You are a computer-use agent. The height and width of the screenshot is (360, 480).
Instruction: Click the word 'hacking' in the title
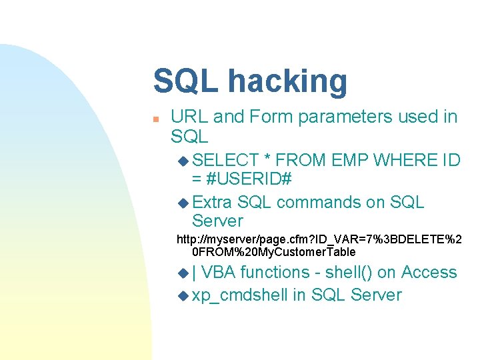pos(287,82)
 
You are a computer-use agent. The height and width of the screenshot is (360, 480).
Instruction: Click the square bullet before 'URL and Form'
pos(155,119)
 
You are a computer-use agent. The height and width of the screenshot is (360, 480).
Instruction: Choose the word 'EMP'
pos(347,160)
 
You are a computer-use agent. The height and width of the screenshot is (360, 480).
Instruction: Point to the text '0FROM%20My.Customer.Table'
pos(273,252)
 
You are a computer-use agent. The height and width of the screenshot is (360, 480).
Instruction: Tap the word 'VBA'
pos(219,272)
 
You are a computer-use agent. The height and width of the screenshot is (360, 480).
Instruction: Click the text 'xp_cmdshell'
pos(240,295)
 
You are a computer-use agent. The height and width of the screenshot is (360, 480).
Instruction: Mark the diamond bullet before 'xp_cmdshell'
pos(184,295)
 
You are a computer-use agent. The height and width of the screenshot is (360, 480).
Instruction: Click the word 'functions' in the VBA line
pos(275,272)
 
